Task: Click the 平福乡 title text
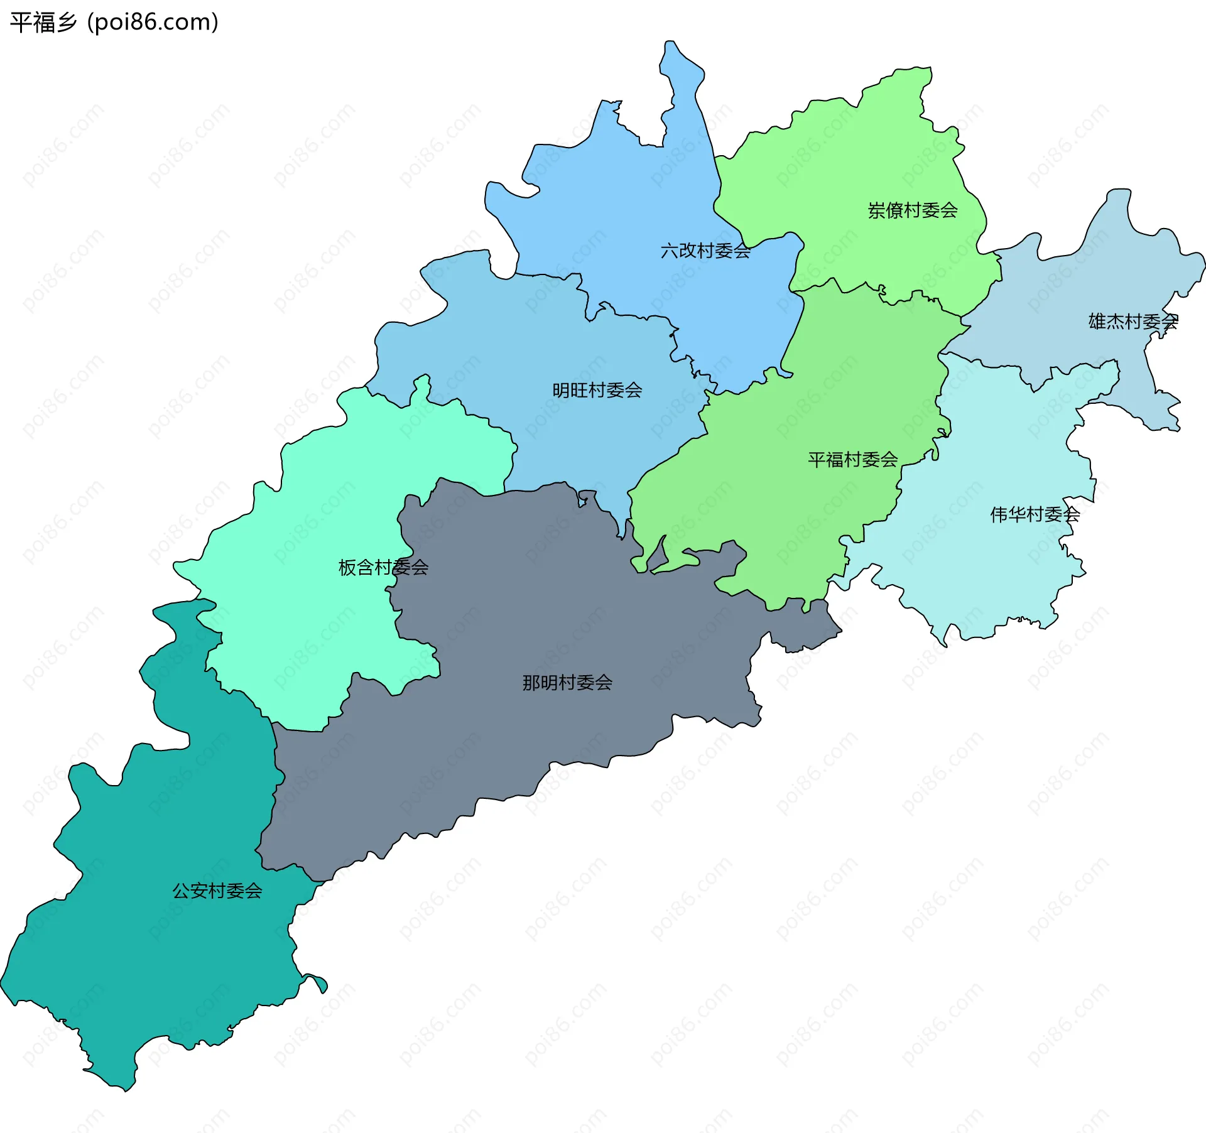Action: (43, 23)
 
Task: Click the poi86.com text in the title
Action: (153, 23)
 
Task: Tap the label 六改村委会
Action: (705, 251)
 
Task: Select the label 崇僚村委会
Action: (912, 210)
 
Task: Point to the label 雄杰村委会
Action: (1133, 322)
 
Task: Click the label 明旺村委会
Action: (597, 391)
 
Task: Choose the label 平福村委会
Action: (852, 460)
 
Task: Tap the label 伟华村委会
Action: (1035, 515)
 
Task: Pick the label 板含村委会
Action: (383, 568)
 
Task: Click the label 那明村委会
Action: (567, 683)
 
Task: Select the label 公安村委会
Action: (217, 891)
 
